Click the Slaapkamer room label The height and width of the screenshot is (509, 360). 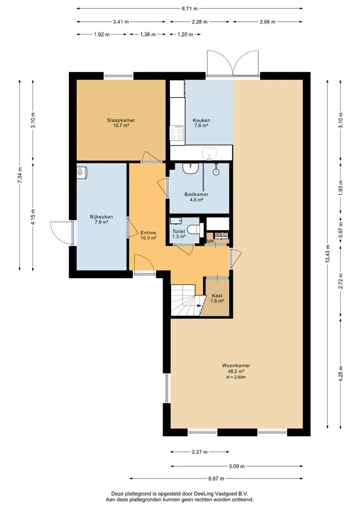(121, 121)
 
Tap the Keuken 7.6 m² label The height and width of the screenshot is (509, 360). (201, 123)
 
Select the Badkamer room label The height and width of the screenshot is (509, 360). (196, 195)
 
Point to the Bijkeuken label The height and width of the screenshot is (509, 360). (101, 217)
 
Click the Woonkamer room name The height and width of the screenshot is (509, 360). (236, 366)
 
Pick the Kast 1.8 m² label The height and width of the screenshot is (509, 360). (217, 298)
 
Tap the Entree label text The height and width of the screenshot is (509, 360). (148, 233)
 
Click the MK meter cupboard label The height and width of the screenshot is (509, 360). (210, 241)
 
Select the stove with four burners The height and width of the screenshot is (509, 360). (177, 133)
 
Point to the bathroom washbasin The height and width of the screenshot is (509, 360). (189, 168)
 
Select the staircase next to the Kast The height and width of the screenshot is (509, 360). (186, 300)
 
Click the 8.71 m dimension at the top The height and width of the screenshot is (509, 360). (189, 9)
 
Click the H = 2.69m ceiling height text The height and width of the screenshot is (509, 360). (236, 377)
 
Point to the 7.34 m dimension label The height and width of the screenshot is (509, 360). (20, 176)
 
